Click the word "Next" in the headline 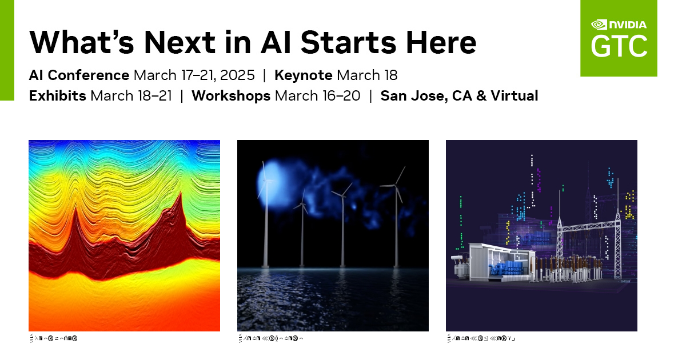coord(178,42)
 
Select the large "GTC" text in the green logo coord(619,46)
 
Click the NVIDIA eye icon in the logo coord(599,25)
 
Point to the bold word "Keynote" coord(303,75)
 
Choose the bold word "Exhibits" coord(58,95)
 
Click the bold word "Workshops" coord(231,95)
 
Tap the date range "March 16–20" coord(318,95)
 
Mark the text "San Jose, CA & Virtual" coord(459,95)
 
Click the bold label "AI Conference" coord(79,75)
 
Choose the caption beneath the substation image coord(481,339)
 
